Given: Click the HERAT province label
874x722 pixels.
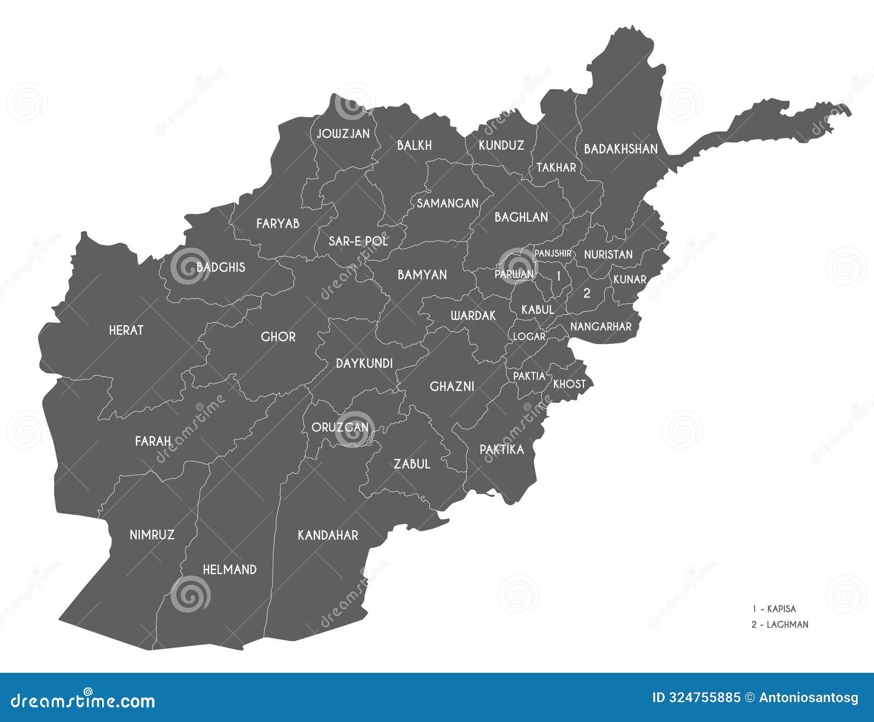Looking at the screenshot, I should pyautogui.click(x=126, y=330).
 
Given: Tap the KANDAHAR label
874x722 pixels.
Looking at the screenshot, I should pyautogui.click(x=328, y=535).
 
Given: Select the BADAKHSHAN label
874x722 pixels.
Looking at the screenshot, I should pyautogui.click(x=621, y=149).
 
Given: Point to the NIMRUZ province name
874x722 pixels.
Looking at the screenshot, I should pyautogui.click(x=152, y=535).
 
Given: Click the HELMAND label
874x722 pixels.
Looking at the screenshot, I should pyautogui.click(x=229, y=570).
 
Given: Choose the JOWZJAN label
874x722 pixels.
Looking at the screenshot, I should pyautogui.click(x=343, y=133).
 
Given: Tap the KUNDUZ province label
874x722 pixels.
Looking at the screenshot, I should pyautogui.click(x=501, y=145).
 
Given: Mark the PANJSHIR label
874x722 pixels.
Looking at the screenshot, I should pyautogui.click(x=553, y=254).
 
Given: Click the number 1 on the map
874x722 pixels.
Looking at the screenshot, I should pyautogui.click(x=558, y=276).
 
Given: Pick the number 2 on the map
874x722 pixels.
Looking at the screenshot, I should pyautogui.click(x=587, y=293).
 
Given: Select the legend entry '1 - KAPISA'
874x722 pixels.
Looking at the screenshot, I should pyautogui.click(x=773, y=609).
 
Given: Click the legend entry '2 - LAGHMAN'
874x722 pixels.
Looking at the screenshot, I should pyautogui.click(x=779, y=624).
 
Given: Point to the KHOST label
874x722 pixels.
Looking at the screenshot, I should pyautogui.click(x=569, y=384).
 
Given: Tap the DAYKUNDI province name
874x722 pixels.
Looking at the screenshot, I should pyautogui.click(x=364, y=363).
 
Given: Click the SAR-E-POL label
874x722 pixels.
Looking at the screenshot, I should pyautogui.click(x=358, y=240).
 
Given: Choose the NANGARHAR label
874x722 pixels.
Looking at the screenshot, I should pyautogui.click(x=601, y=326).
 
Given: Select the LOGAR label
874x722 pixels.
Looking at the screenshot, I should pyautogui.click(x=529, y=337).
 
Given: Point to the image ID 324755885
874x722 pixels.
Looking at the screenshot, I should pyautogui.click(x=696, y=698).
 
